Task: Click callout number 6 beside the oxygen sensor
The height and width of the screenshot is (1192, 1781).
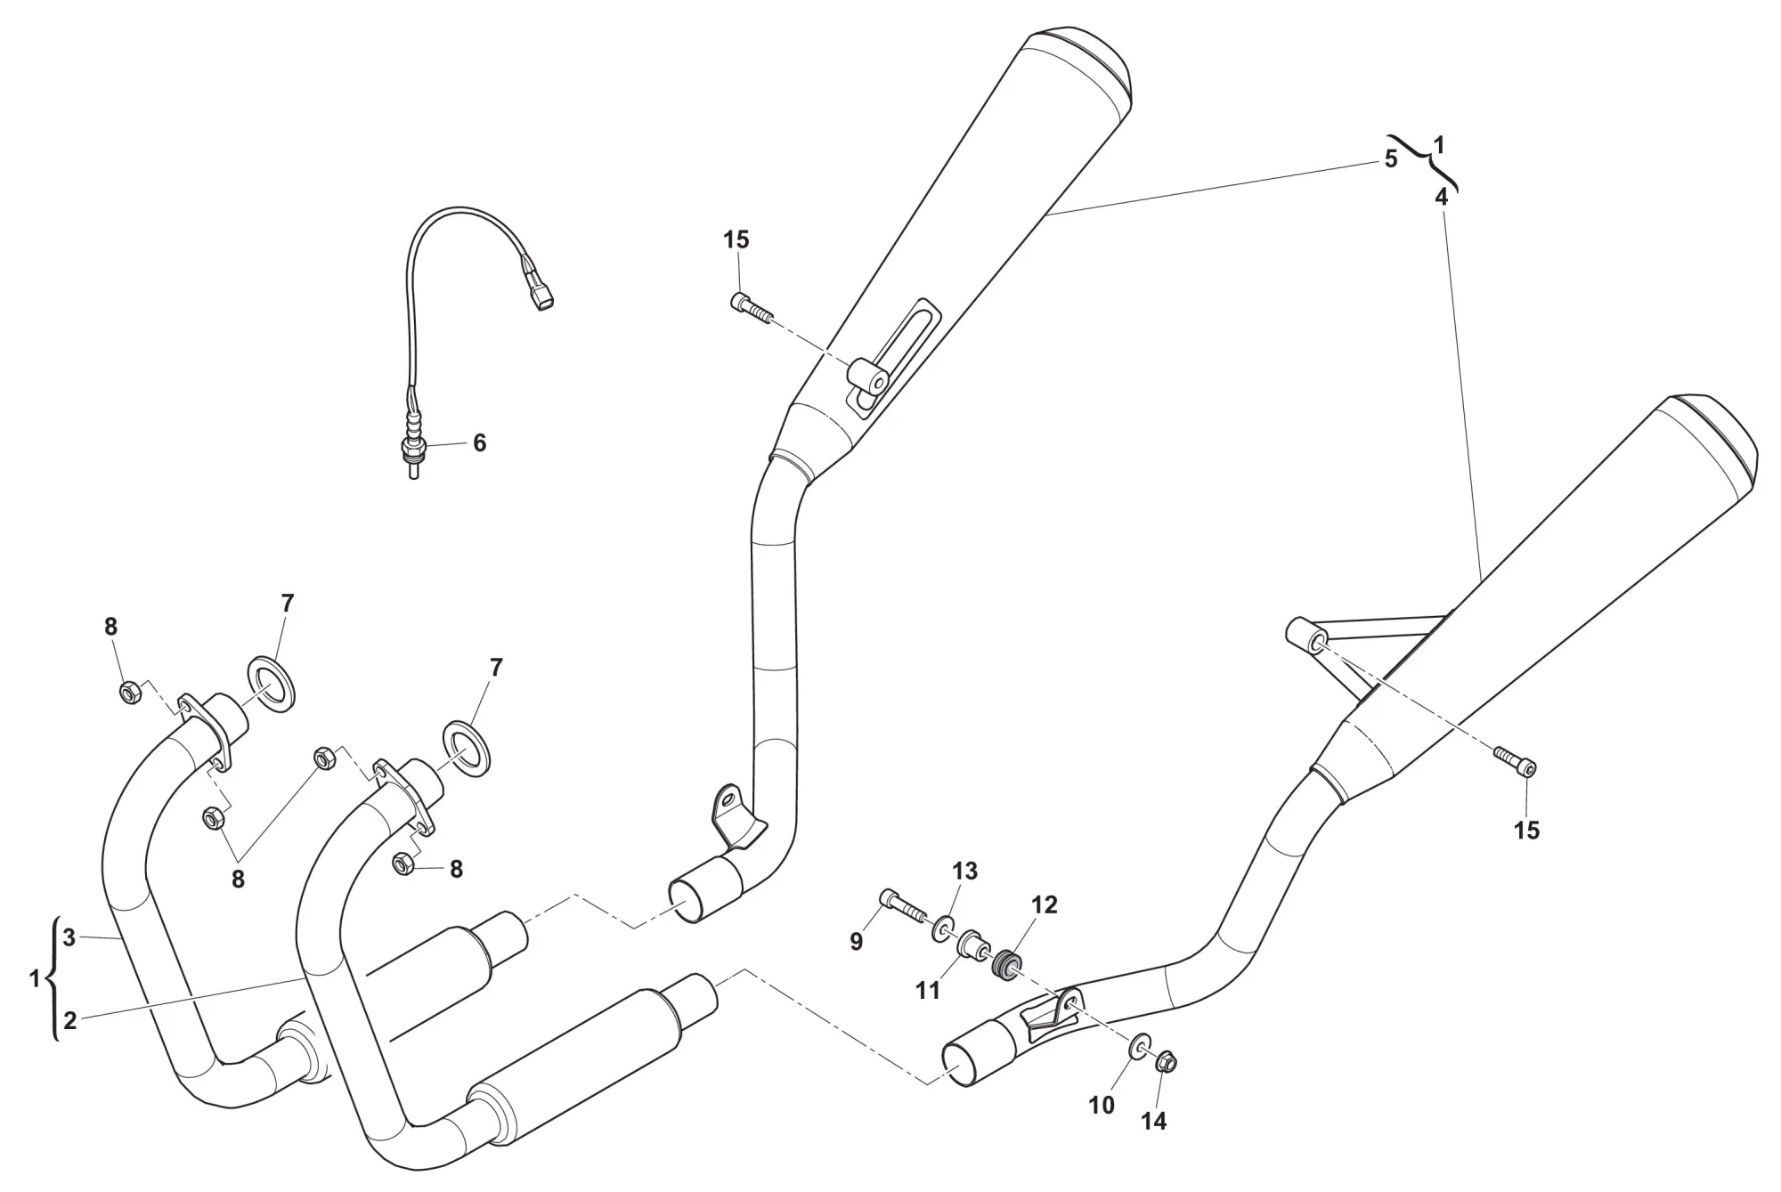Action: tap(479, 442)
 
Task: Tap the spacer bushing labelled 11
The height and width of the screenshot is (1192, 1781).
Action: tap(972, 945)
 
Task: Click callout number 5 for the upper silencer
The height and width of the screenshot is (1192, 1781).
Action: tap(1391, 160)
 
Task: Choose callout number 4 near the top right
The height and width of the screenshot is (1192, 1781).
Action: tap(1441, 198)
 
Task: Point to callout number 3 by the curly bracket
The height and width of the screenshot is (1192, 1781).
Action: tap(69, 937)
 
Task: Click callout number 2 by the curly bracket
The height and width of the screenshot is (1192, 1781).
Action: tap(69, 1020)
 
